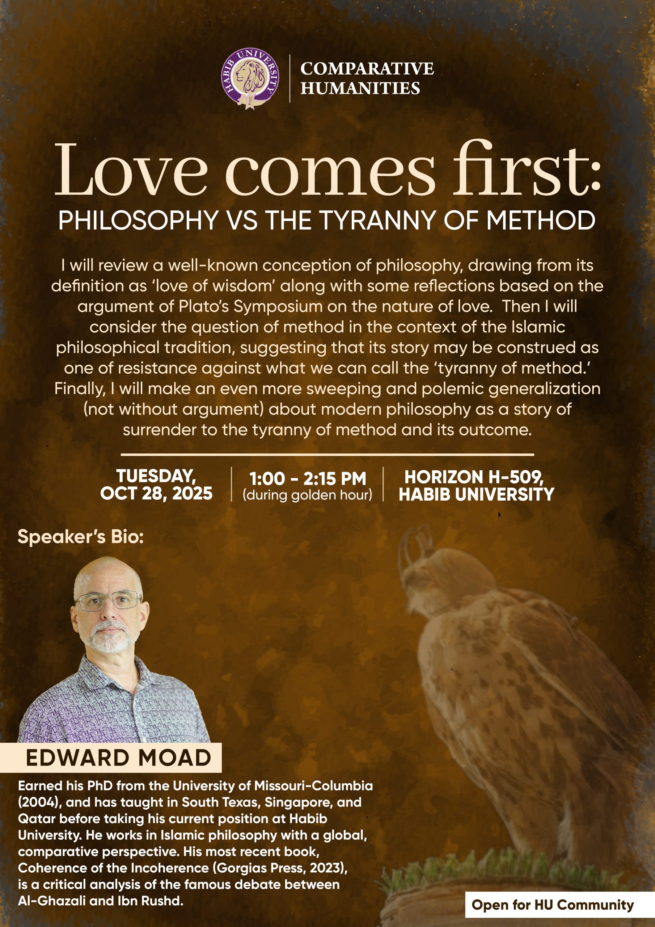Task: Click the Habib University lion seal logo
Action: coord(250,78)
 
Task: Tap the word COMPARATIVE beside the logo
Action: coord(367,69)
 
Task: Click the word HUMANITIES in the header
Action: coord(360,88)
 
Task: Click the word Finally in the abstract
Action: coord(80,389)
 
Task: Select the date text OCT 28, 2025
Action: coord(156,494)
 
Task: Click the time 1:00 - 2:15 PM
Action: coord(308,479)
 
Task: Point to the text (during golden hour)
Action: coord(308,495)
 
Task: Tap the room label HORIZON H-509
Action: coord(474,477)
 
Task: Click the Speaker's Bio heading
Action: coord(81,537)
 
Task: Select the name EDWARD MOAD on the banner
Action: coord(118,758)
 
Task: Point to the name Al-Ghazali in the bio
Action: coord(52,901)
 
